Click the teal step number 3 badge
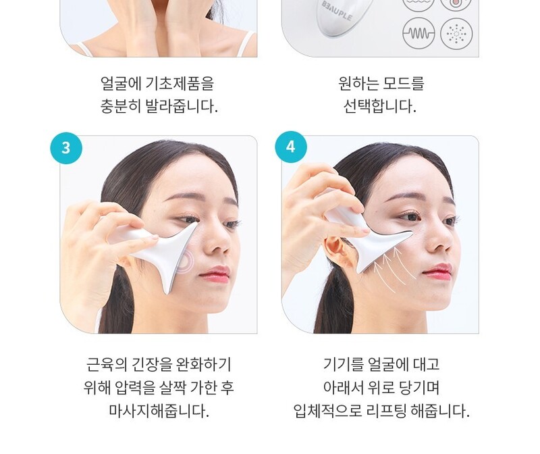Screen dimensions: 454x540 pos(65,147)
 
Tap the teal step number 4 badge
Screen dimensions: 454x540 pos(291,147)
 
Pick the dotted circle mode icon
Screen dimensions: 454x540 pos(456,33)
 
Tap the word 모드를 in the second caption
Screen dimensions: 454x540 pos(404,84)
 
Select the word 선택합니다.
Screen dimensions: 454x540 pos(380,107)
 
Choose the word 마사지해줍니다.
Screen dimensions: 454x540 pos(159,410)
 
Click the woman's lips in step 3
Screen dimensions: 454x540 pos(215,274)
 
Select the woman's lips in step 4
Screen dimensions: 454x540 pos(437,272)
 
